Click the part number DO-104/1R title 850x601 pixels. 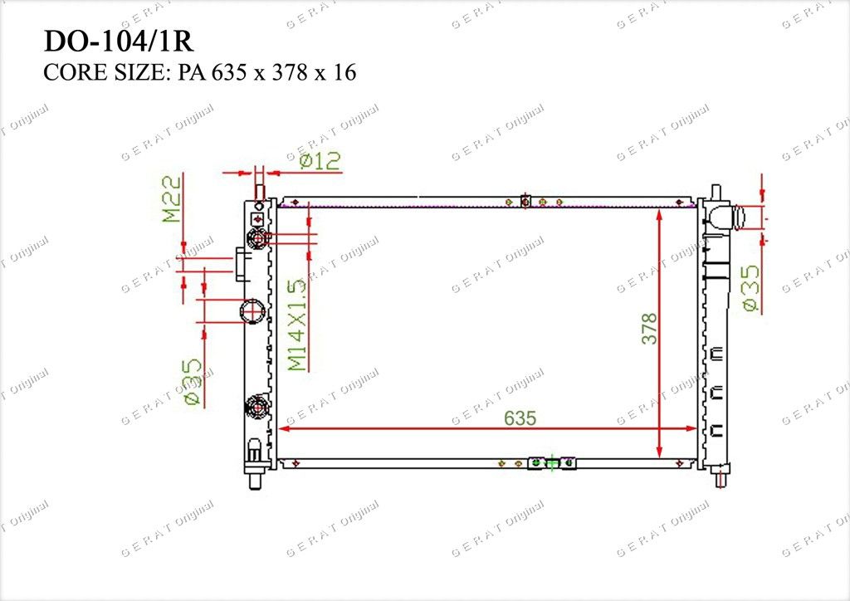tap(118, 41)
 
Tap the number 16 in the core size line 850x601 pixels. tap(344, 72)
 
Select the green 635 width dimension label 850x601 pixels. tap(520, 418)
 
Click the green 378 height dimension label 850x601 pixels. tap(649, 329)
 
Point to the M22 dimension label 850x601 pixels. tap(173, 198)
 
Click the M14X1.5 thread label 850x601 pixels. tap(297, 325)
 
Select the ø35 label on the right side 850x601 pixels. tap(752, 288)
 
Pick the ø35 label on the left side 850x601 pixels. tap(193, 383)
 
